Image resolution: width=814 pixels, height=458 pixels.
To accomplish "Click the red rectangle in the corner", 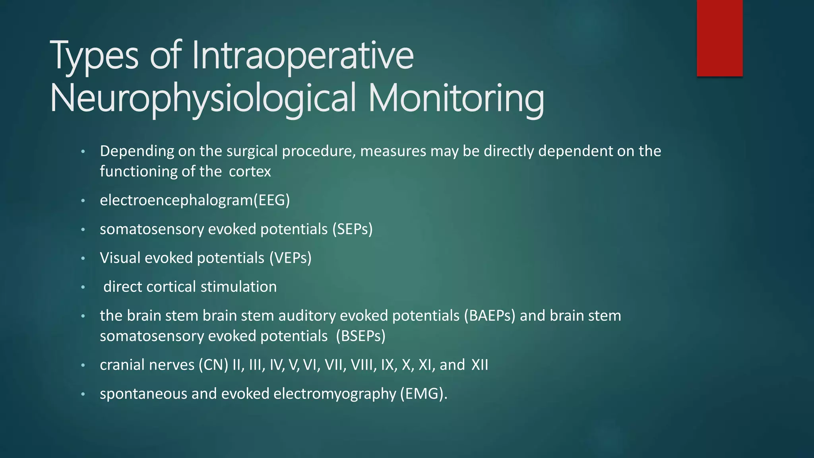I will pyautogui.click(x=719, y=38).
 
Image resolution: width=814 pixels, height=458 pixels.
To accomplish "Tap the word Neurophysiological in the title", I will pyautogui.click(x=203, y=98).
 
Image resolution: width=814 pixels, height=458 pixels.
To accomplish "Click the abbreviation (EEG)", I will pyautogui.click(x=272, y=200).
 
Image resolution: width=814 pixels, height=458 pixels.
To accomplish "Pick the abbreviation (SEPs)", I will pyautogui.click(x=353, y=229).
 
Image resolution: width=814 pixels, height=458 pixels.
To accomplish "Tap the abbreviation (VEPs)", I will pyautogui.click(x=291, y=258).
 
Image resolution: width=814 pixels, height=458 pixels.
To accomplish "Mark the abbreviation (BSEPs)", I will pyautogui.click(x=360, y=336).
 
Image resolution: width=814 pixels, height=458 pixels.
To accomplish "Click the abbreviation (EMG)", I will pyautogui.click(x=423, y=394).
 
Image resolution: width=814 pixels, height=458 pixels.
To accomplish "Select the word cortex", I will pyautogui.click(x=250, y=172).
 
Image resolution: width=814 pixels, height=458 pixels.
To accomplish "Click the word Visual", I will pyautogui.click(x=120, y=258).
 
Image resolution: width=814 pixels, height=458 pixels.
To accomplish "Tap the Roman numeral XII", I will pyautogui.click(x=480, y=365).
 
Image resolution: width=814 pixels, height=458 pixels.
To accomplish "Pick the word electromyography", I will pyautogui.click(x=335, y=394).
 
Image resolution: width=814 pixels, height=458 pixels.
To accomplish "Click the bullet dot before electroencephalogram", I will pyautogui.click(x=83, y=201).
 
